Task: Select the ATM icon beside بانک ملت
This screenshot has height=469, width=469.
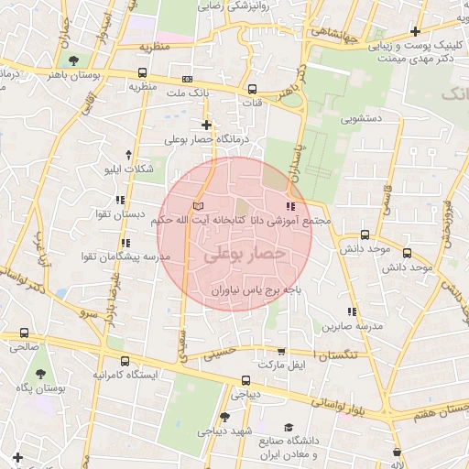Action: click(188, 80)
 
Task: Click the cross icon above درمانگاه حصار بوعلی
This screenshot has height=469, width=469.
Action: click(206, 125)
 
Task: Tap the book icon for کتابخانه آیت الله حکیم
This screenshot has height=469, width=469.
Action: click(201, 206)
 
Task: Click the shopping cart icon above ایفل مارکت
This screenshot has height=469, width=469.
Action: click(281, 351)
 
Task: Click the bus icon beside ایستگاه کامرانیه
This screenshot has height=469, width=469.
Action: click(124, 361)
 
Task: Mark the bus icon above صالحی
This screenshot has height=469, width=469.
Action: click(24, 333)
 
